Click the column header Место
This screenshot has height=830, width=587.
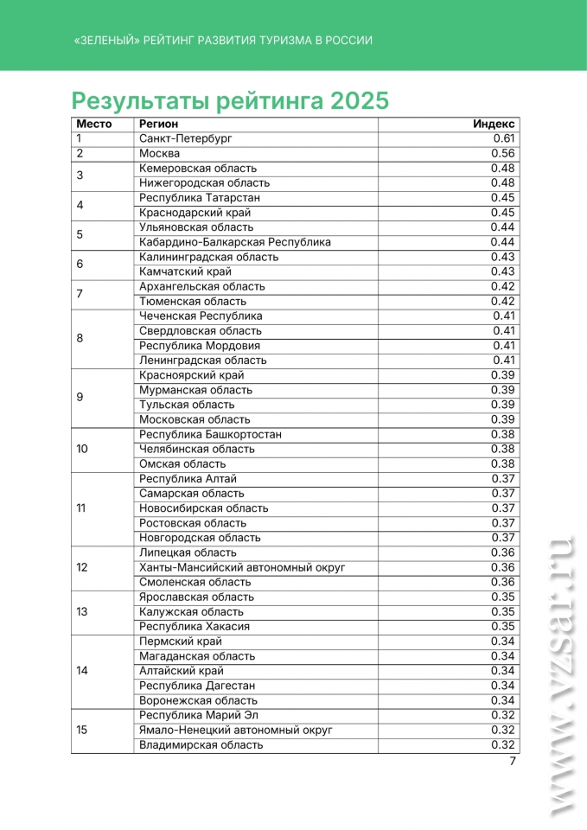(x=94, y=124)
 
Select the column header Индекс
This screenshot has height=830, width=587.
(x=494, y=124)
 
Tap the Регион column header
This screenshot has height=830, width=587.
(x=159, y=124)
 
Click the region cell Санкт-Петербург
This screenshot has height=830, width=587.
(x=185, y=138)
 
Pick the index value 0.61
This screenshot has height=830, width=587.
(x=504, y=138)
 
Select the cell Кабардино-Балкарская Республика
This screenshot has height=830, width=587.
(x=235, y=242)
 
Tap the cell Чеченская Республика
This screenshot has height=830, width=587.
(x=201, y=316)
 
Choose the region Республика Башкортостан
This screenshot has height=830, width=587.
(x=210, y=434)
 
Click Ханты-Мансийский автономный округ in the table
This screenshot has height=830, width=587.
(x=242, y=567)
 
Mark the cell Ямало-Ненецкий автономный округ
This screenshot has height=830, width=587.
(x=236, y=730)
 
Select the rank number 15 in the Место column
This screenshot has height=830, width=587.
(x=81, y=730)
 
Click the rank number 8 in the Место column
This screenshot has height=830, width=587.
(x=80, y=338)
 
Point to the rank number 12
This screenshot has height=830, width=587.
(x=81, y=567)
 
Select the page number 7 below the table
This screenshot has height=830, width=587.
(x=512, y=762)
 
